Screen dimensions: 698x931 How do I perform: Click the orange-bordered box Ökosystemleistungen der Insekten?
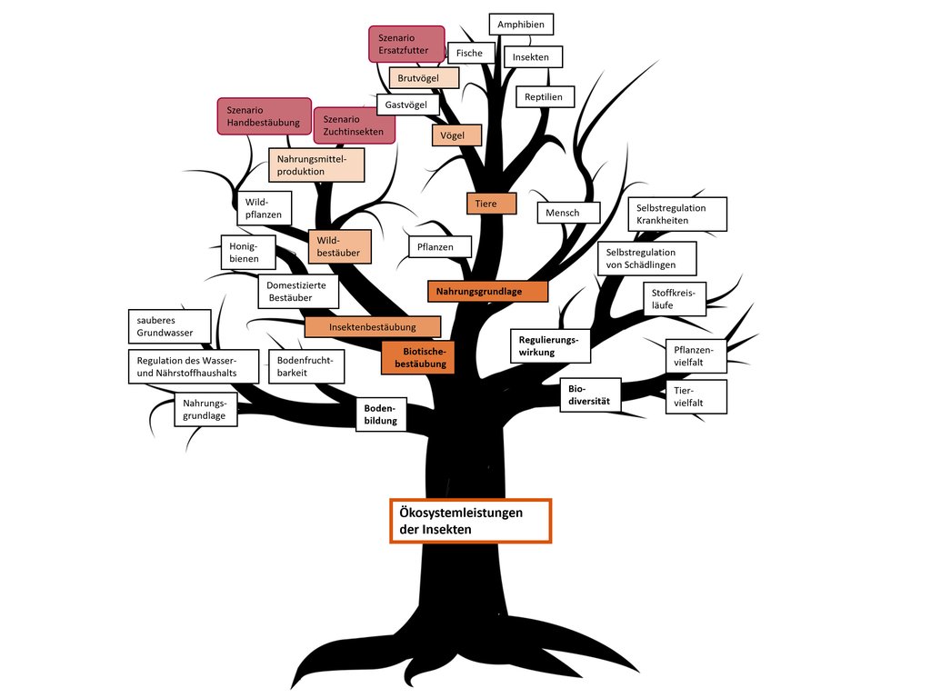coord(470,521)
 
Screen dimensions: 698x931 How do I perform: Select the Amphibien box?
coord(521,25)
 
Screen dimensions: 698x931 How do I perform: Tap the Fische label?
coord(470,54)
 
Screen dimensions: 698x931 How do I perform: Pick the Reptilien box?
coord(544,96)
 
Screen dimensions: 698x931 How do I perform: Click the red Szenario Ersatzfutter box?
coord(405,45)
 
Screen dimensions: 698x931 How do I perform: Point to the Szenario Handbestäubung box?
coord(264,116)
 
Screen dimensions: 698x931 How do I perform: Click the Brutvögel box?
coord(423,78)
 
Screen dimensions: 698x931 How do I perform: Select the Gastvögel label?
coord(407,105)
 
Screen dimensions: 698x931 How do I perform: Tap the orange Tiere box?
coord(491,204)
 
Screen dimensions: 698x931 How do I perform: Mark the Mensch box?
coord(568,213)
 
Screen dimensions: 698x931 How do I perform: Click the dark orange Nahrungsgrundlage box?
coord(487,291)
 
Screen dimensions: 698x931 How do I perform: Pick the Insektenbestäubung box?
coord(372,326)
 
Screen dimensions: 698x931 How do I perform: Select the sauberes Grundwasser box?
coord(170,326)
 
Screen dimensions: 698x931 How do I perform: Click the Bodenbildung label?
coord(380,415)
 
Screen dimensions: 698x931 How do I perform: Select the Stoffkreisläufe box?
coord(674,299)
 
